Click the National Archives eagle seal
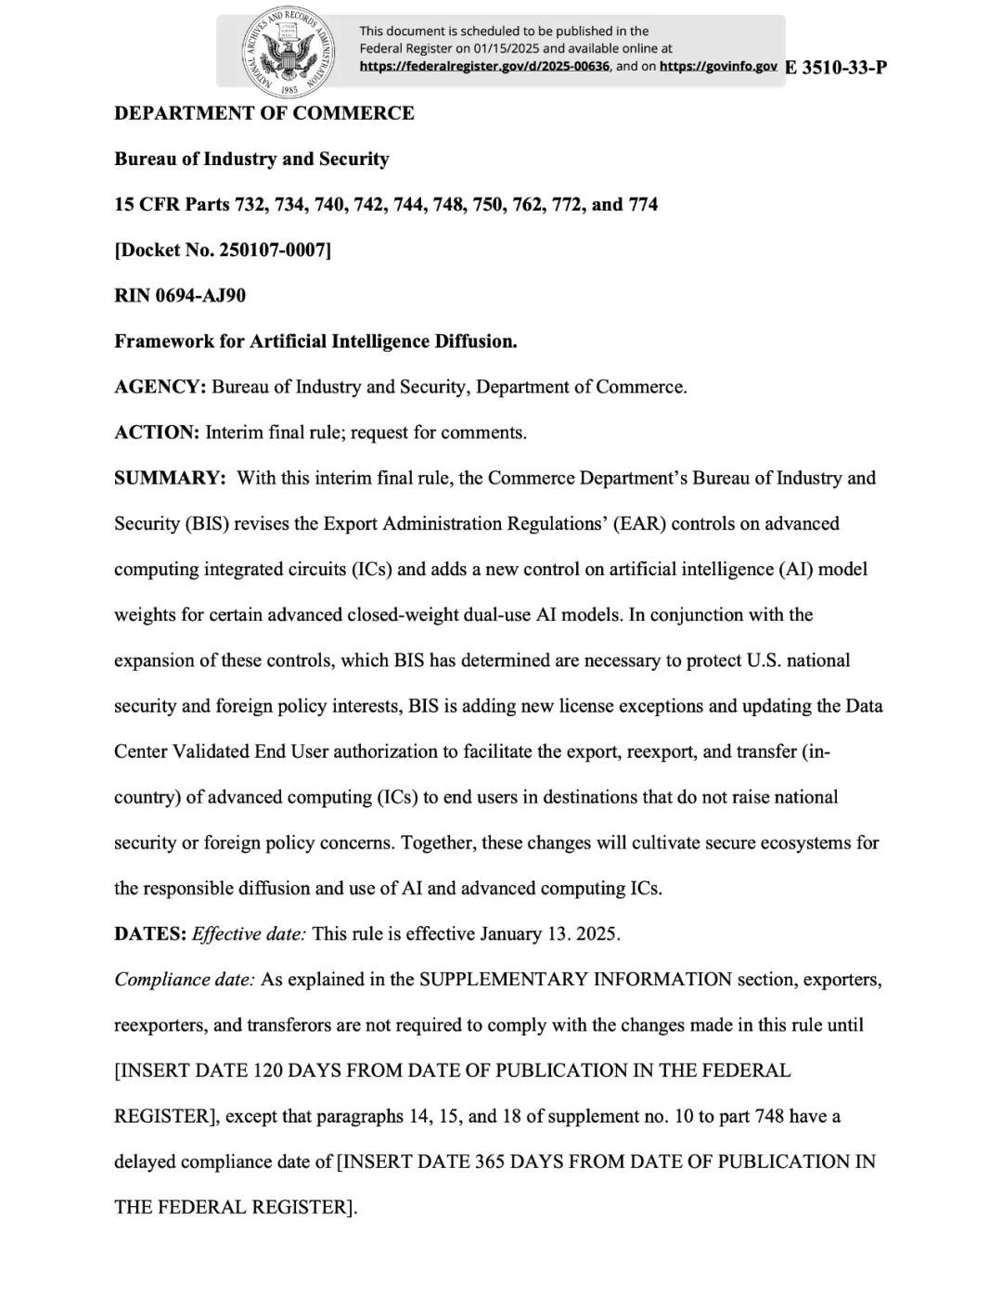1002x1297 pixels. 289,54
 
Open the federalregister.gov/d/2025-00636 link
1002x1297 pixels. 484,66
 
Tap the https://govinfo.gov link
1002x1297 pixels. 718,66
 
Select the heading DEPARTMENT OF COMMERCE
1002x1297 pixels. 264,113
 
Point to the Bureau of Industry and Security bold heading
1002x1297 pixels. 251,159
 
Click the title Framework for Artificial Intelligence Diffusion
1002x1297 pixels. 315,340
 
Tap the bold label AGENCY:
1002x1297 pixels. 160,387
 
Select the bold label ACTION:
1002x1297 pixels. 157,432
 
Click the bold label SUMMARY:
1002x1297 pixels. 170,478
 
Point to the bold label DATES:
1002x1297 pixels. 150,933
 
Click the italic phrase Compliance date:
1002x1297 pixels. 184,979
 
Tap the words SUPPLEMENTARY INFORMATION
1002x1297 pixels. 575,979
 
